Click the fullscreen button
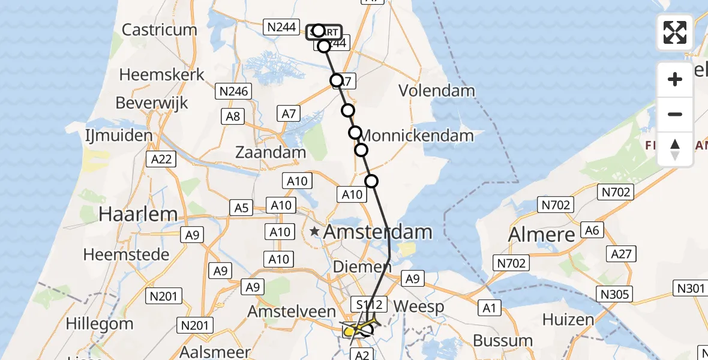(675, 32)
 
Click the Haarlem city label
(139, 214)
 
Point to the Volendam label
(437, 91)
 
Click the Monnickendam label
(418, 136)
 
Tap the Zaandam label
(271, 152)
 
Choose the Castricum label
(159, 29)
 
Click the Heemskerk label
(162, 75)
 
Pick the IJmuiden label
(119, 136)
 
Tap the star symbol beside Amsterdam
(315, 231)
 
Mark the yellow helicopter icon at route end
(354, 329)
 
